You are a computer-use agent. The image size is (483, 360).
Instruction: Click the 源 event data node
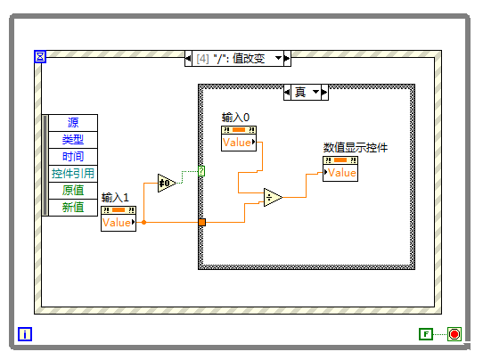73,123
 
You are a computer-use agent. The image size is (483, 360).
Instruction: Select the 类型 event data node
73,140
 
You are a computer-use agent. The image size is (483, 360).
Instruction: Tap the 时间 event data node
73,157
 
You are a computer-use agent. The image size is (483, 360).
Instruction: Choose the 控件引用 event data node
73,174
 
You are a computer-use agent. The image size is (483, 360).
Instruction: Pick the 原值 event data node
73,191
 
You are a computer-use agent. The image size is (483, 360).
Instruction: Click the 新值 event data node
73,207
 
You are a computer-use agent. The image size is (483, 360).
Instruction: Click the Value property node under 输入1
118,222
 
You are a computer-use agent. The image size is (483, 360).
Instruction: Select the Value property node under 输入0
238,142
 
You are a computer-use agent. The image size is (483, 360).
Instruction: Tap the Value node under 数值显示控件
340,172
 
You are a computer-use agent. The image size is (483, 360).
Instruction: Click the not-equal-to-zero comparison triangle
167,184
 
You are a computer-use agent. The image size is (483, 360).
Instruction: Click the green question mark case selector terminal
201,170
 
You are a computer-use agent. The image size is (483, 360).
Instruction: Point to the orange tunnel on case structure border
201,222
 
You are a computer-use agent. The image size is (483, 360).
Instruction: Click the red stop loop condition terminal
454,334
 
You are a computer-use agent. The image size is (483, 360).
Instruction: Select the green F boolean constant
426,334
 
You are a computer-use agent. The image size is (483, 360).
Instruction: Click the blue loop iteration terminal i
25,335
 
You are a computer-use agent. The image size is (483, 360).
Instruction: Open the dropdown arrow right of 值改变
278,58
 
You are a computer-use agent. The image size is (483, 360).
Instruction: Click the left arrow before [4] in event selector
188,58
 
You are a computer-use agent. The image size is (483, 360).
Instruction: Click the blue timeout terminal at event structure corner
39,57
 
